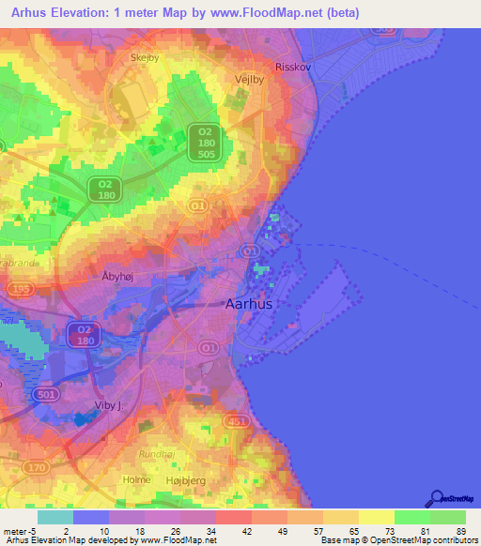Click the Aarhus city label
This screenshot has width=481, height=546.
coord(250,304)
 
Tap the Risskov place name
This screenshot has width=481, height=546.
coord(291,68)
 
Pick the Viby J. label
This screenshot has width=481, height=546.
coord(110,405)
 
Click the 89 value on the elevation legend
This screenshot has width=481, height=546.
coord(459,530)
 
